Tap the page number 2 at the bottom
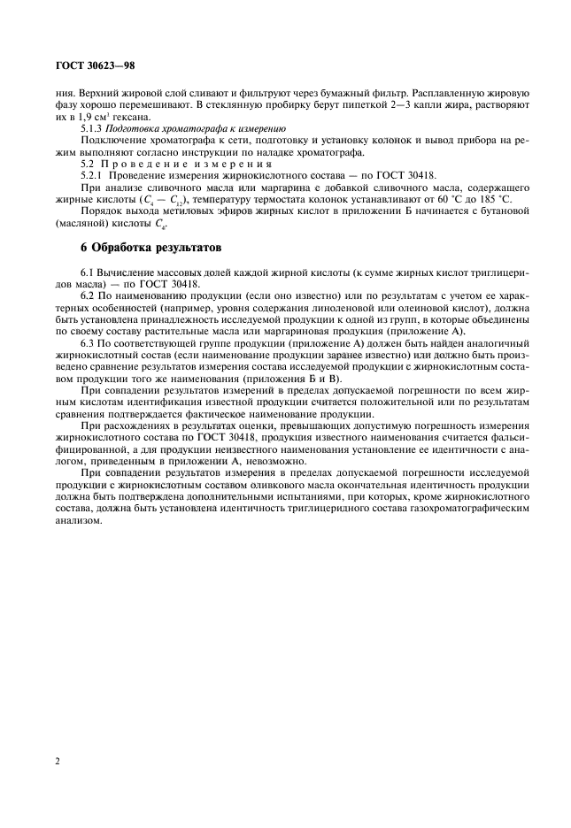point(57,759)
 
